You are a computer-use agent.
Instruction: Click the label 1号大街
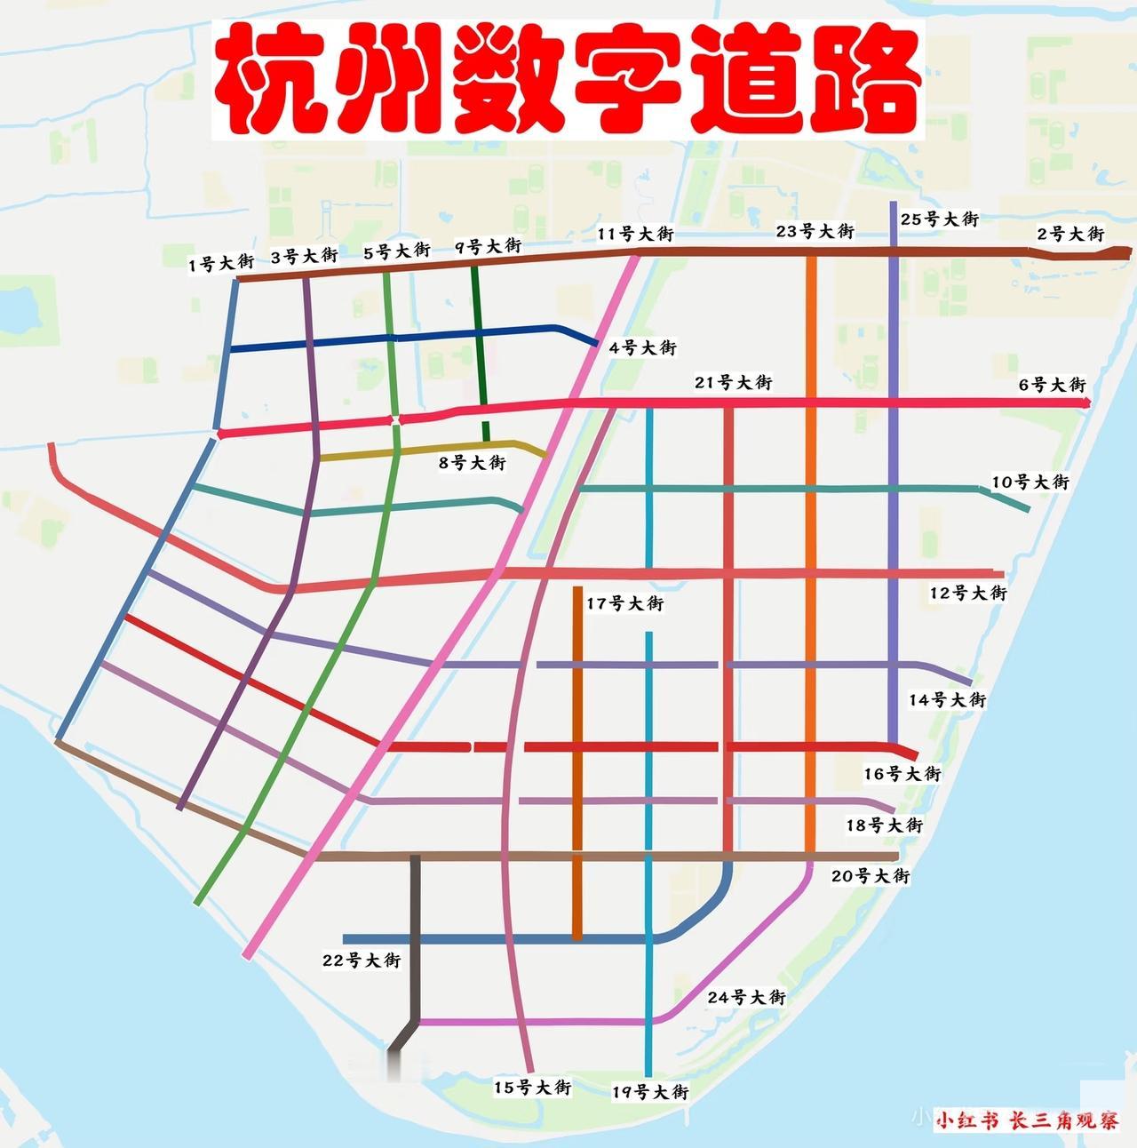point(221,263)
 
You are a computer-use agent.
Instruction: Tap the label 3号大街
point(304,257)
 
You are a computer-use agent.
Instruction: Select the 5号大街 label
point(397,252)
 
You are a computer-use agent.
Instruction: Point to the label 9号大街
point(488,246)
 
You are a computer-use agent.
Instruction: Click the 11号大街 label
point(635,235)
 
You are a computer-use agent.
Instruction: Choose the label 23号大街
point(815,231)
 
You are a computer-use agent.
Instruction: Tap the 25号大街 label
point(939,219)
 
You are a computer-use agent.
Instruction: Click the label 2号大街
point(1070,234)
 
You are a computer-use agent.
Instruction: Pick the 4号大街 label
point(642,347)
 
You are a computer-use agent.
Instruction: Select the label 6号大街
point(1052,385)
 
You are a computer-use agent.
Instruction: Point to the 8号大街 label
point(473,463)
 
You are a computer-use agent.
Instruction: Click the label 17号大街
point(624,603)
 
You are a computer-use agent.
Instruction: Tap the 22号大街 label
point(362,961)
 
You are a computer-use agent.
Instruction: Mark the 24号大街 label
point(746,997)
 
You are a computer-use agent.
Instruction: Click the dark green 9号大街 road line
point(480,355)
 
